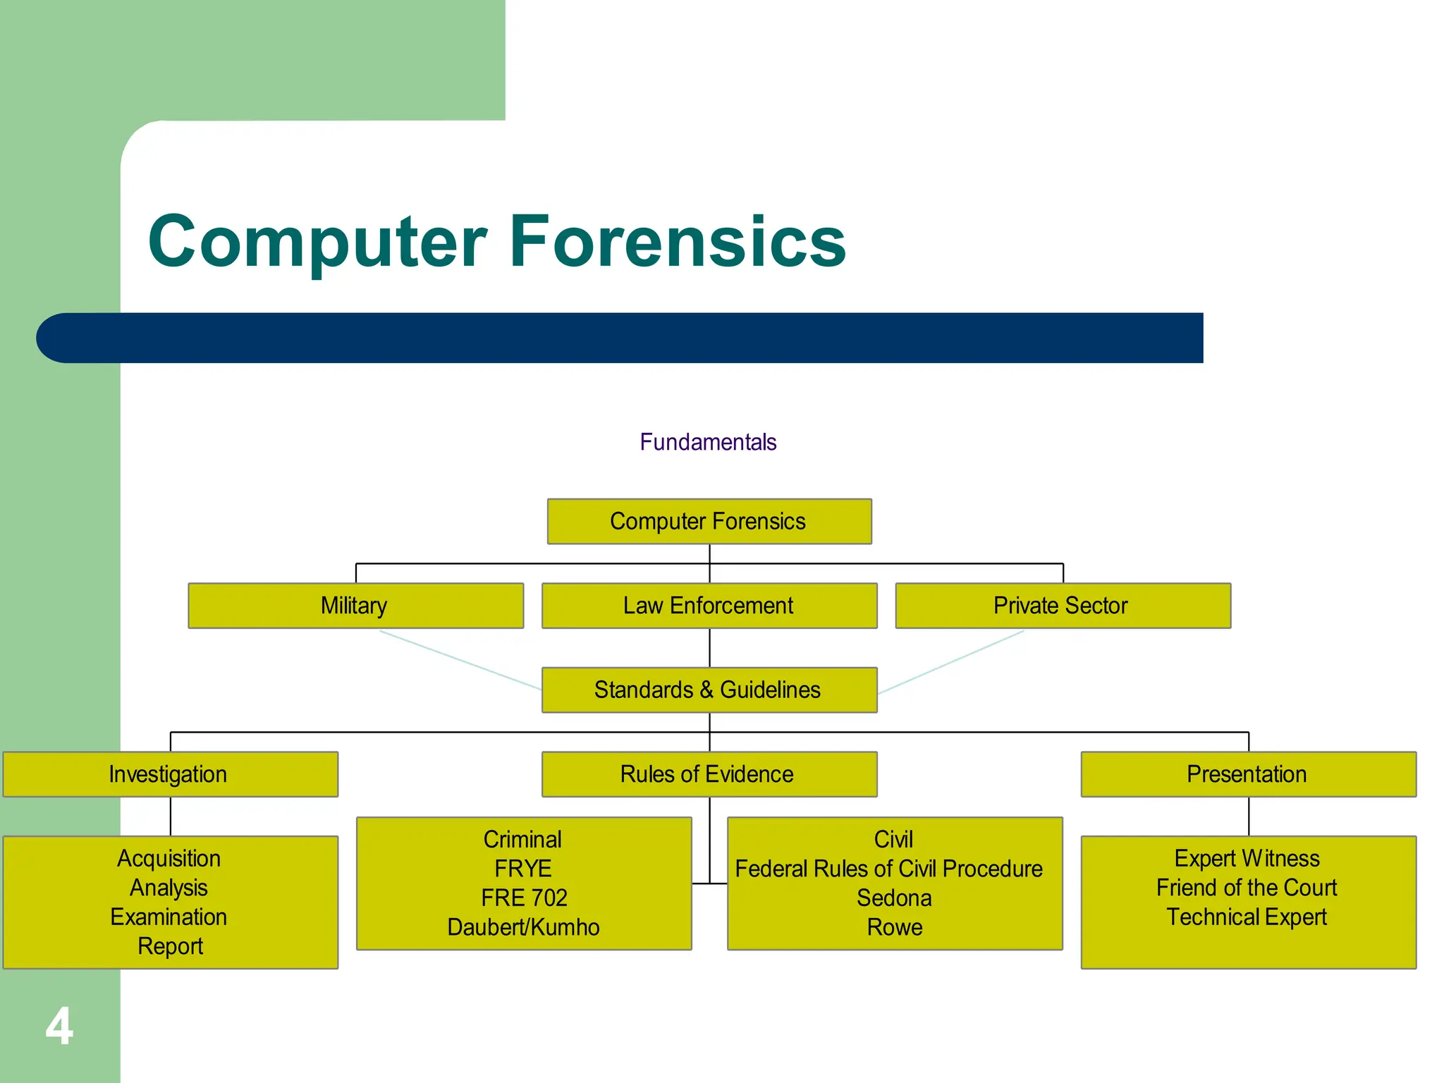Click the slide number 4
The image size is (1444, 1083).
coord(59,1027)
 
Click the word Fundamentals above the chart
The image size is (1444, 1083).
coord(708,442)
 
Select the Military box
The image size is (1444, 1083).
coord(355,606)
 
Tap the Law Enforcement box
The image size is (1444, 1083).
coord(709,606)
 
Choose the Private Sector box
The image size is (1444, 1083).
coord(1062,606)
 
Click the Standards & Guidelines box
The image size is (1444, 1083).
coord(709,690)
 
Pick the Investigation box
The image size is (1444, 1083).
coord(170,774)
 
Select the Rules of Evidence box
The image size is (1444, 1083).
coord(709,774)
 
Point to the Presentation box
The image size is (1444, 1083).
coord(1247,774)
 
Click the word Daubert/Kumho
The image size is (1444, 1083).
coord(523,927)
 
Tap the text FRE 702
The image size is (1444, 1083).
coord(524,898)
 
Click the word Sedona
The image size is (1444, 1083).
coord(894,898)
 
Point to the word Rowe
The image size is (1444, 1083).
coord(894,927)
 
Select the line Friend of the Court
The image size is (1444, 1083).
coord(1247,888)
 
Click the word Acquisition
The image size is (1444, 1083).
coord(169,858)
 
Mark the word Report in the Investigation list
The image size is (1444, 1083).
coord(170,946)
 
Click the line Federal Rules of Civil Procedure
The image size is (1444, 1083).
coord(888,869)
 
